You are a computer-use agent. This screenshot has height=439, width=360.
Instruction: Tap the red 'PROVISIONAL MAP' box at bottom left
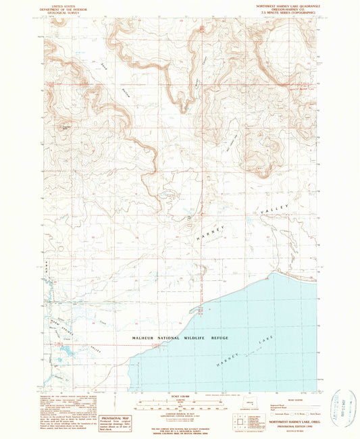[x=112, y=423]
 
